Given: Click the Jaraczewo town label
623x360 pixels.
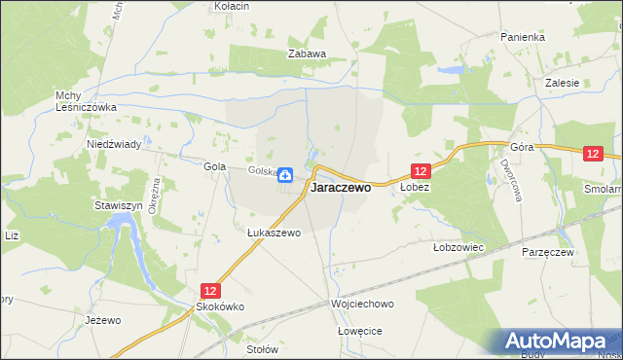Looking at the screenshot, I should (x=340, y=189).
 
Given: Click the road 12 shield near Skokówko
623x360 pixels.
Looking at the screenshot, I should (x=210, y=290).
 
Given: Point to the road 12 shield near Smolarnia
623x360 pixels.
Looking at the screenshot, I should (x=595, y=153).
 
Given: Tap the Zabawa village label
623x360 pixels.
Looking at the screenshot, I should (x=306, y=54).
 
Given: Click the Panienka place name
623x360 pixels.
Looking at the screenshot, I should (x=523, y=37).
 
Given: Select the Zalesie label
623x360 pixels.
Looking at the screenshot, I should (x=563, y=83).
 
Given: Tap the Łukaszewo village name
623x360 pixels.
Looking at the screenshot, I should (x=274, y=234).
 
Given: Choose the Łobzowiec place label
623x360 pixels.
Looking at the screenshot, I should (x=458, y=247).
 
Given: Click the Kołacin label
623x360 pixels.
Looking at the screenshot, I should (x=232, y=6).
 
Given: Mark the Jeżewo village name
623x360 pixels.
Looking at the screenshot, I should (x=102, y=320).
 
